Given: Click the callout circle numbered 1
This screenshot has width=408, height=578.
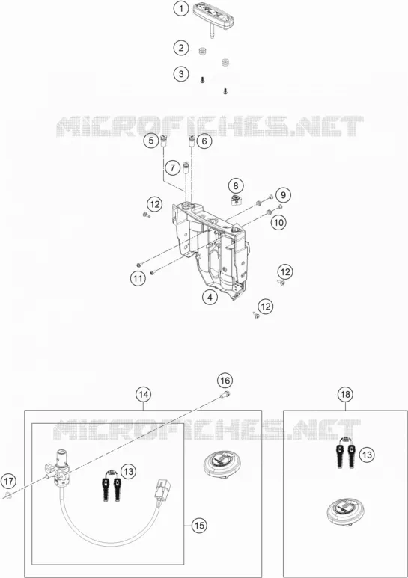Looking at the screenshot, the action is pyautogui.click(x=181, y=9).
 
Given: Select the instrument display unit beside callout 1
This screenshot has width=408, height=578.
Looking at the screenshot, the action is pyautogui.click(x=213, y=16).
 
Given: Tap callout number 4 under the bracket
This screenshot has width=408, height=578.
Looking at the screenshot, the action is pyautogui.click(x=210, y=297).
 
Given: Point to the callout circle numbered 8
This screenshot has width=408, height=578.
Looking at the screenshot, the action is pyautogui.click(x=236, y=185).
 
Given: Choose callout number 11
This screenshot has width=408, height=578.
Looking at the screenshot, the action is pyautogui.click(x=138, y=278).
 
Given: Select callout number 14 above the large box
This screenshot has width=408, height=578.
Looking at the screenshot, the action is pyautogui.click(x=144, y=394).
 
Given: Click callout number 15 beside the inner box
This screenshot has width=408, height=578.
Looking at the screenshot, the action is pyautogui.click(x=199, y=525).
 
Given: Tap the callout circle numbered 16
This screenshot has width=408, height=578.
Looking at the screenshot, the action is pyautogui.click(x=225, y=381).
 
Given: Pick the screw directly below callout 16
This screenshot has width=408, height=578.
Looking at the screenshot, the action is pyautogui.click(x=225, y=395).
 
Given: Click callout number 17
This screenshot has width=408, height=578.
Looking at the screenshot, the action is pyautogui.click(x=9, y=481).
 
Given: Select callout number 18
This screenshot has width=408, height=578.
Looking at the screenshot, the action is pyautogui.click(x=345, y=394).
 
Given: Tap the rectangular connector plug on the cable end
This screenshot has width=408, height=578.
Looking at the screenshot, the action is pyautogui.click(x=162, y=488).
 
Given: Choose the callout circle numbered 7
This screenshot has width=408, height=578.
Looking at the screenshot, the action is pyautogui.click(x=173, y=168).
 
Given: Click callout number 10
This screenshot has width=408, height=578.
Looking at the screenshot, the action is pyautogui.click(x=279, y=222).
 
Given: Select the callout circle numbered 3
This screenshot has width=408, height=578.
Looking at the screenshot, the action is pyautogui.click(x=181, y=74).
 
